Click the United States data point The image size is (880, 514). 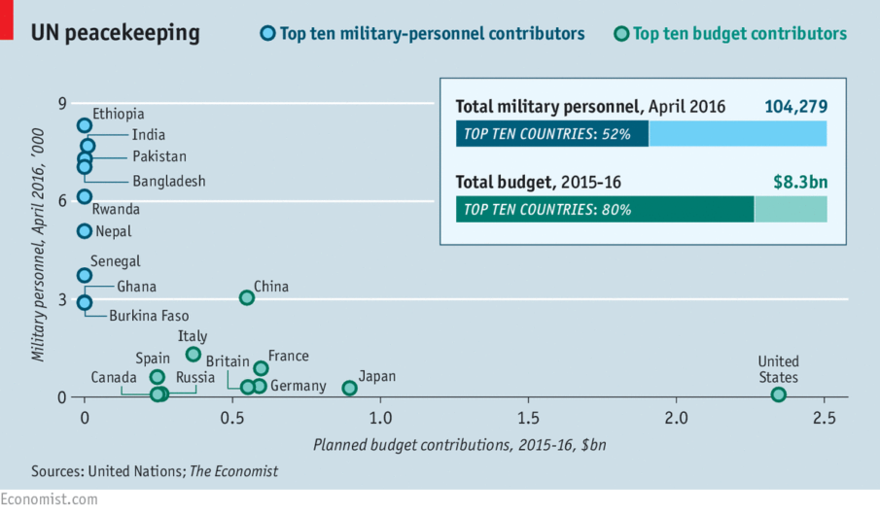[778, 394]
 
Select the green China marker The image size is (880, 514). [247, 297]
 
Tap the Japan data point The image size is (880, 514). [350, 388]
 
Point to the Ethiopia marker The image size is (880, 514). [85, 125]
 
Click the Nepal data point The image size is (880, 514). [85, 231]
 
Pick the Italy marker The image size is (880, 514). [194, 355]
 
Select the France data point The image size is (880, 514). [261, 368]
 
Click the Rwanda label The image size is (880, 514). [116, 209]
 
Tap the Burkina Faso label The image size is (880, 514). [149, 316]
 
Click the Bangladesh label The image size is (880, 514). [169, 182]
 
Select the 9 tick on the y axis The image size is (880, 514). [62, 105]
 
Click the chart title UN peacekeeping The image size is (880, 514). [116, 33]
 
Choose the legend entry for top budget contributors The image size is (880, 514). [738, 34]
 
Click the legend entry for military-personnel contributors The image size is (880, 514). [432, 34]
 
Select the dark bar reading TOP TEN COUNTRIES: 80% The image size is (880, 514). [604, 209]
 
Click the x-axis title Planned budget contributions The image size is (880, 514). [460, 446]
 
